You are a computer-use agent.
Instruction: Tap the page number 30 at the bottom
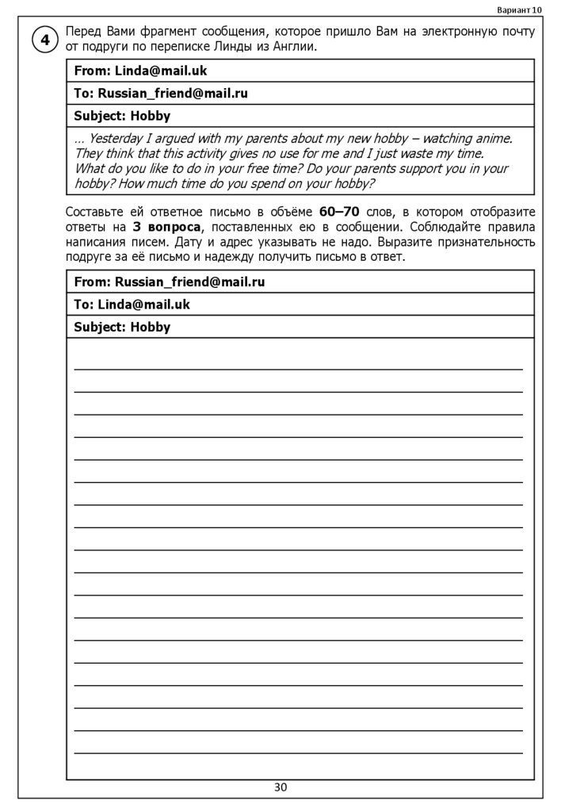[x=280, y=787]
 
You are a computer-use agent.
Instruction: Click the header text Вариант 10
[x=520, y=10]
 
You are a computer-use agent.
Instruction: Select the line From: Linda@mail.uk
[x=140, y=71]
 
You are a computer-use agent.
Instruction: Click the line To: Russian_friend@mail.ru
[x=161, y=94]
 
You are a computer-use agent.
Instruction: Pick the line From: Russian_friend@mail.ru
[x=170, y=282]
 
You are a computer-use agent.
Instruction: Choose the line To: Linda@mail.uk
[x=132, y=304]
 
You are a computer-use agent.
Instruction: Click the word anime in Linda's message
[x=493, y=139]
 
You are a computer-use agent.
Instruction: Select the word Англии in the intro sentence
[x=296, y=47]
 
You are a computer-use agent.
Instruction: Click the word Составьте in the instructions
[x=95, y=213]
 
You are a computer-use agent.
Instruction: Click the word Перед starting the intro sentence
[x=83, y=32]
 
